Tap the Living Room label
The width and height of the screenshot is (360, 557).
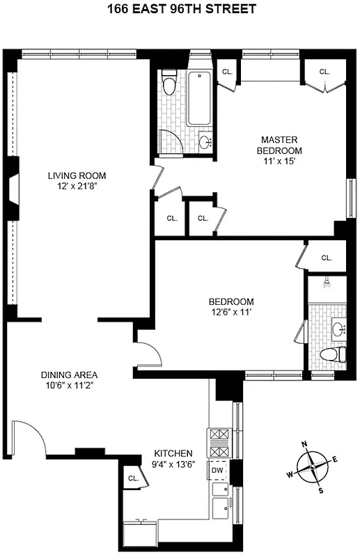(77, 175)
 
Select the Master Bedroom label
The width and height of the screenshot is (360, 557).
(279, 145)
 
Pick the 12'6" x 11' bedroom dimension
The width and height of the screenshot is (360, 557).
(231, 312)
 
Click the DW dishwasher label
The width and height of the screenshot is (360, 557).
(217, 470)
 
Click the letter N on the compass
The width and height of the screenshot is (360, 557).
(304, 444)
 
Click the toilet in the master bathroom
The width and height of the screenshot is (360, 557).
(168, 85)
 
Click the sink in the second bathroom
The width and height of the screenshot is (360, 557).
(339, 327)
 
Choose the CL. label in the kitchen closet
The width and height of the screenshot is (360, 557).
(132, 478)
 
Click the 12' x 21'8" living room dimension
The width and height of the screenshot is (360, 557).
(77, 186)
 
